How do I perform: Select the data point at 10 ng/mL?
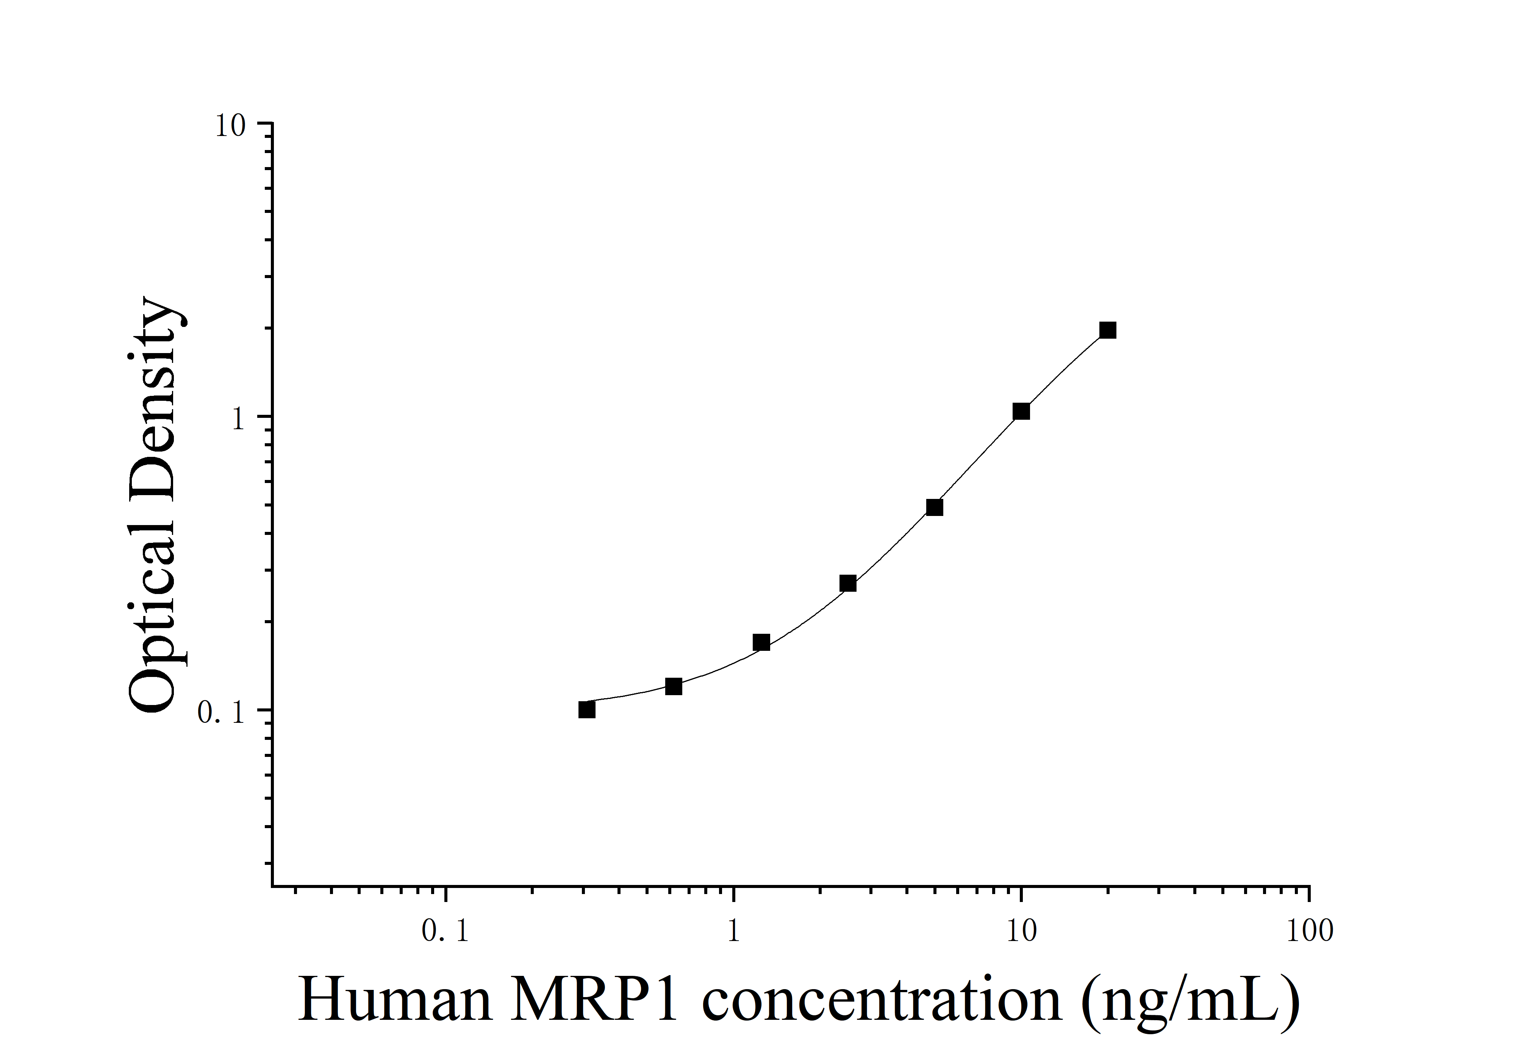click(1021, 411)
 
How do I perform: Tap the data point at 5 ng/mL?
click(934, 507)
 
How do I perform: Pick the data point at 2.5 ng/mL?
click(848, 583)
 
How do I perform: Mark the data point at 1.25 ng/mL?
click(761, 642)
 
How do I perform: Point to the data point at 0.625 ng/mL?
click(674, 686)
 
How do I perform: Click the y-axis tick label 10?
click(230, 126)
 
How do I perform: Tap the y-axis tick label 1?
click(239, 419)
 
